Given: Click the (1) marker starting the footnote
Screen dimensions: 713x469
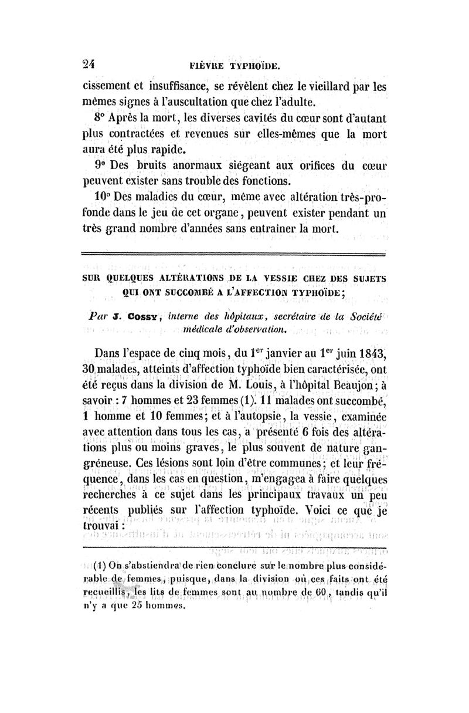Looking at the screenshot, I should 98,566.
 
